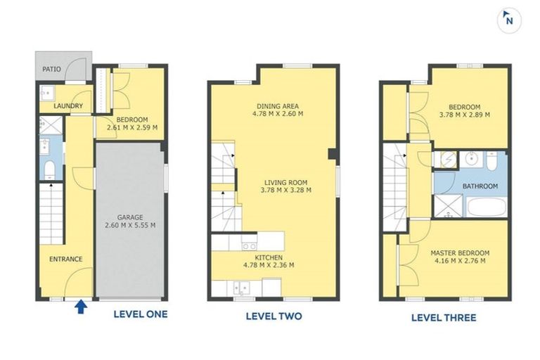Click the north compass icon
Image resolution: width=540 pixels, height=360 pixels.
pyautogui.click(x=509, y=20)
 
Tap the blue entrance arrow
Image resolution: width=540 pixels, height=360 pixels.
pyautogui.click(x=81, y=307)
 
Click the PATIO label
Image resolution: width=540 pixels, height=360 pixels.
pyautogui.click(x=51, y=69)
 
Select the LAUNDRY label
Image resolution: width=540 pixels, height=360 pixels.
pyautogui.click(x=68, y=106)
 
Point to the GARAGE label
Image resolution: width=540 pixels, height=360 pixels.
pyautogui.click(x=130, y=217)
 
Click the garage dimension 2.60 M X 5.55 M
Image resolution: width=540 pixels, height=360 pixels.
pyautogui.click(x=130, y=225)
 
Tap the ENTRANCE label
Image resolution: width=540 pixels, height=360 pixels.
pyautogui.click(x=66, y=259)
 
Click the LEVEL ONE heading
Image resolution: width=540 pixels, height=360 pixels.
pyautogui.click(x=141, y=314)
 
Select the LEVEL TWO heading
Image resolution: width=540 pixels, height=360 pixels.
pyautogui.click(x=274, y=316)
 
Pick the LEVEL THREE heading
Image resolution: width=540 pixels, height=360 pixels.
pyautogui.click(x=444, y=318)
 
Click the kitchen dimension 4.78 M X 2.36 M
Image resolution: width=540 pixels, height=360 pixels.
pyautogui.click(x=269, y=265)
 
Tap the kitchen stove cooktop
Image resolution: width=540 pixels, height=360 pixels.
pyautogui.click(x=249, y=246)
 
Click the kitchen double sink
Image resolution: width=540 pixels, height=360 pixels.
pyautogui.click(x=243, y=287)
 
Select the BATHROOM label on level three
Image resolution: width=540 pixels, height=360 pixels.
pyautogui.click(x=480, y=186)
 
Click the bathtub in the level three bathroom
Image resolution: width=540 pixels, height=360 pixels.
pyautogui.click(x=487, y=207)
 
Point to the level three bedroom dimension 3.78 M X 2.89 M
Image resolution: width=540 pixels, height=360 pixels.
pyautogui.click(x=465, y=115)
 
